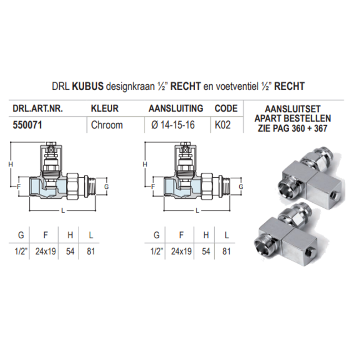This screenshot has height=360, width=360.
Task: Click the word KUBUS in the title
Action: pyautogui.click(x=89, y=87)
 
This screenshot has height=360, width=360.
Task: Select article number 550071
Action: pyautogui.click(x=28, y=125)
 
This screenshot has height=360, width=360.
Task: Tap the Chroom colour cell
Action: pyautogui.click(x=106, y=125)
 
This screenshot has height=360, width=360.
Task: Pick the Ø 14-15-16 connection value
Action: pyautogui.click(x=174, y=125)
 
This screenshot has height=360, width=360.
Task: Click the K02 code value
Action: pyautogui.click(x=223, y=125)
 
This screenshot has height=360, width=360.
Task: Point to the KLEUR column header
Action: pyautogui.click(x=105, y=109)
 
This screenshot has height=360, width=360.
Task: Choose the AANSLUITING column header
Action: pyautogui.click(x=176, y=109)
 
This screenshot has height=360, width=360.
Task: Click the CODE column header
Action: pyautogui.click(x=226, y=109)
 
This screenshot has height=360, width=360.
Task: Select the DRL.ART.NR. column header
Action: pyautogui.click(x=35, y=109)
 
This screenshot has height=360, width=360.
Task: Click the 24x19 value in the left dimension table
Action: pyautogui.click(x=45, y=251)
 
